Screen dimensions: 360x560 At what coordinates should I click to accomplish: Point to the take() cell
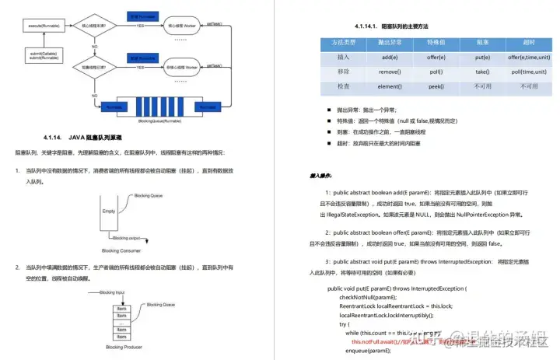coord(482,71)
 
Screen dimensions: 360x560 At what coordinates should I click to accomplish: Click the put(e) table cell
coord(482,58)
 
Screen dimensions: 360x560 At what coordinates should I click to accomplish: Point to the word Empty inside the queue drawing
coord(108,211)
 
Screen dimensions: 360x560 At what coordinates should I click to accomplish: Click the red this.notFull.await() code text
coord(373,341)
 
